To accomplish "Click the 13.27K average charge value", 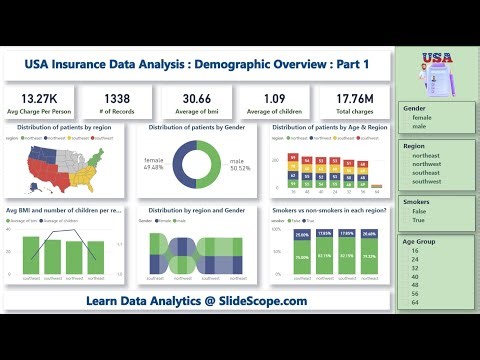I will (40, 97).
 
